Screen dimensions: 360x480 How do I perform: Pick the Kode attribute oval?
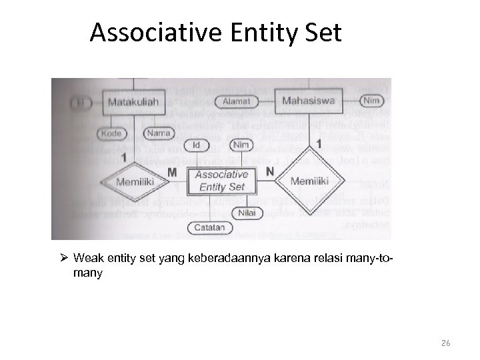pyautogui.click(x=113, y=133)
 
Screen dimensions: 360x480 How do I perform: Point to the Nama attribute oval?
pyautogui.click(x=159, y=133)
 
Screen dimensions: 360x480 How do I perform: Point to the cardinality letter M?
pyautogui.click(x=172, y=173)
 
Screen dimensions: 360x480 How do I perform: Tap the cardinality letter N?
pyautogui.click(x=269, y=171)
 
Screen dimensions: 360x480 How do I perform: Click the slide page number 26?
pyautogui.click(x=446, y=343)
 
